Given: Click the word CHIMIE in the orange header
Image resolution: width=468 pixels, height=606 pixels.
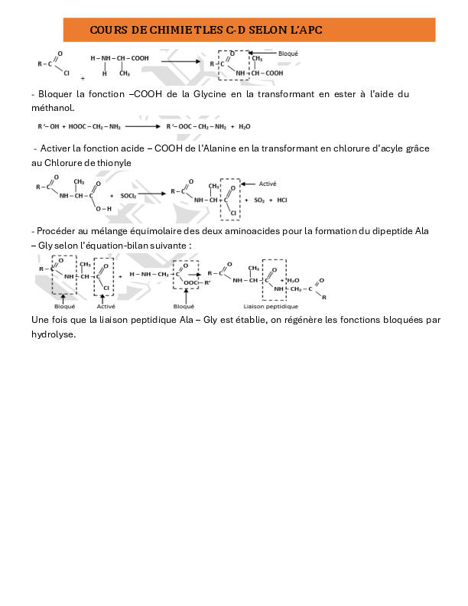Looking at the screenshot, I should (x=153, y=30).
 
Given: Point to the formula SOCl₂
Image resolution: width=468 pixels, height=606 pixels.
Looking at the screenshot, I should (x=128, y=196).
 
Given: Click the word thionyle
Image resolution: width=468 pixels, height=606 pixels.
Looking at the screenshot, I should (x=112, y=162).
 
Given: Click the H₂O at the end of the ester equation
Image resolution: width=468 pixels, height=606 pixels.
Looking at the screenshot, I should (x=244, y=126).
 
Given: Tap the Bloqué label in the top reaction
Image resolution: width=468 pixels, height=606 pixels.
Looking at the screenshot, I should (x=288, y=54).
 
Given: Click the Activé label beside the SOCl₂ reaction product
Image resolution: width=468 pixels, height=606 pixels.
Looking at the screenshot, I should (x=268, y=184).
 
